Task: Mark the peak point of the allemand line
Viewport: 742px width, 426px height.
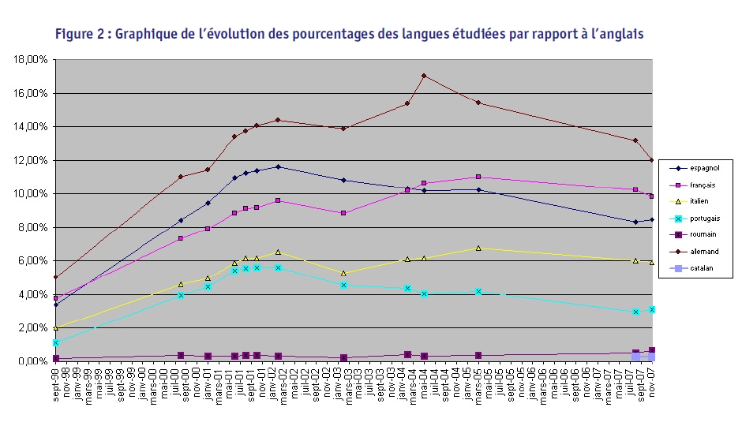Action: click(x=425, y=76)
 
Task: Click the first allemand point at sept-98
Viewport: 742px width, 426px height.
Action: click(x=55, y=277)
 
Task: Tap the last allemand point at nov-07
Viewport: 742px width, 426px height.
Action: click(x=652, y=160)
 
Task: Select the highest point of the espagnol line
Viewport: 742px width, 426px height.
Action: click(x=278, y=166)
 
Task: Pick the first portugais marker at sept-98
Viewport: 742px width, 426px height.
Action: click(x=55, y=342)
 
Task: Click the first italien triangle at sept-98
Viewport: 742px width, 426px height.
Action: click(x=55, y=327)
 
